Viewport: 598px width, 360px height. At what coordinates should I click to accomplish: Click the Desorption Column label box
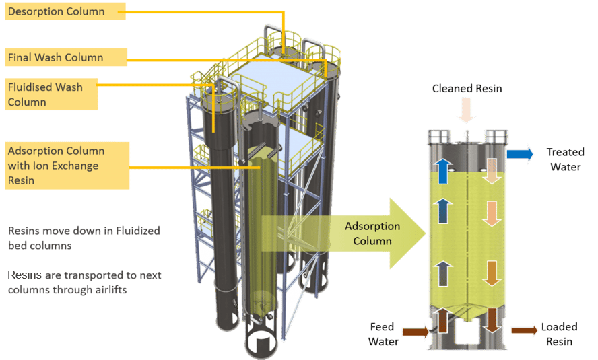[65, 11]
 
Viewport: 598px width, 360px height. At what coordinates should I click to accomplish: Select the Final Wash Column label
[66, 57]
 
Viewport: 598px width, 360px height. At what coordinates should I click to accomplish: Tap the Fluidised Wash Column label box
[51, 94]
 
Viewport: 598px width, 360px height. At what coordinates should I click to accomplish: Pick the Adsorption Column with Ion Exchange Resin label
[67, 166]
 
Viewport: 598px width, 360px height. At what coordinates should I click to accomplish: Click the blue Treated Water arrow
[520, 154]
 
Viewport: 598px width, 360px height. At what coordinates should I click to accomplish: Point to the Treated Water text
[565, 159]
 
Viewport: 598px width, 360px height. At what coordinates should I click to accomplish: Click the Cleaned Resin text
[467, 88]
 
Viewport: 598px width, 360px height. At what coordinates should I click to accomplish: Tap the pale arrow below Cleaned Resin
[466, 110]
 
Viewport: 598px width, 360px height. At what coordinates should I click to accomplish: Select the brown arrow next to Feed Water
[416, 332]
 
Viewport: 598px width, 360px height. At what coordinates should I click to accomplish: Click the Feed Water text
[383, 334]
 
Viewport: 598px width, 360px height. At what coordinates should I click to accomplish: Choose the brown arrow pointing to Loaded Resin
[525, 330]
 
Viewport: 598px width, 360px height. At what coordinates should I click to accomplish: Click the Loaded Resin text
[559, 334]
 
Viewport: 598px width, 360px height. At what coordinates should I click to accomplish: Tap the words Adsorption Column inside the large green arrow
[372, 233]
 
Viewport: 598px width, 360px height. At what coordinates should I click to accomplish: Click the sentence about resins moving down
[84, 238]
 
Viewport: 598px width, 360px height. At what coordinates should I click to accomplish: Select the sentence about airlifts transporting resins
[84, 283]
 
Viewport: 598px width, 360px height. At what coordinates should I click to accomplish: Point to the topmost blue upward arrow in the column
[443, 171]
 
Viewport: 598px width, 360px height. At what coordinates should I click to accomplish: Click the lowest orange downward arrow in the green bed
[492, 273]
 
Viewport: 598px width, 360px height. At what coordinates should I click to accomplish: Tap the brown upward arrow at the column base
[443, 320]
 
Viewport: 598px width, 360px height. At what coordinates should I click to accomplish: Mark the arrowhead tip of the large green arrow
[426, 233]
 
